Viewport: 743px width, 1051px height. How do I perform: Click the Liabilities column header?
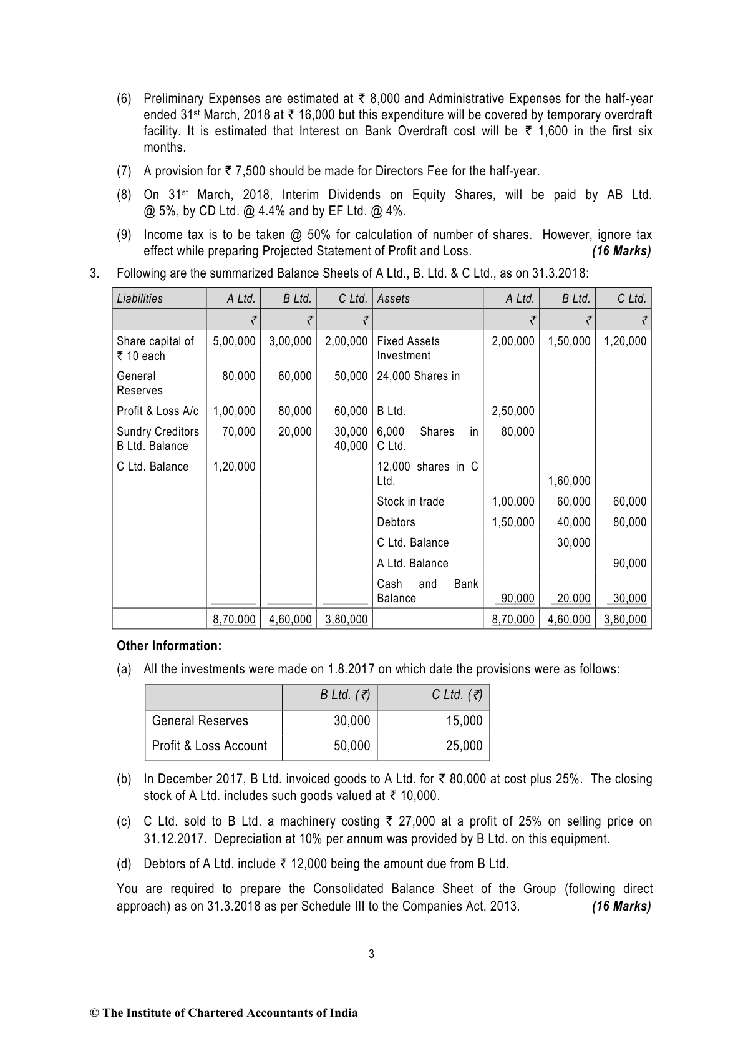point(140,299)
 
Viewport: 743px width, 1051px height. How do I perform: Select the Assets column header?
point(394,299)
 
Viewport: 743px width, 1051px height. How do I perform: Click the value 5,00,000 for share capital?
point(234,341)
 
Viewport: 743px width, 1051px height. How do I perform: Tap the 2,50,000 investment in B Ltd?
point(513,411)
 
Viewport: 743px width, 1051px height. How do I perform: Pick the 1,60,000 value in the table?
point(569,481)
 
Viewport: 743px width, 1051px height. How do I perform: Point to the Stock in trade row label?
point(410,502)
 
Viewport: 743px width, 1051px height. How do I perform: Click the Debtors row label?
point(396,522)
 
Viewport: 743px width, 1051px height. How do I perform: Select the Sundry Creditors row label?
point(158,432)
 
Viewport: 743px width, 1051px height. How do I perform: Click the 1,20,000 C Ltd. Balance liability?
point(234,467)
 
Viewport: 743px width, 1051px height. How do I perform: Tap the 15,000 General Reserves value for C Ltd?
point(464,721)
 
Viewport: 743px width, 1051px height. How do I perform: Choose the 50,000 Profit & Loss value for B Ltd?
point(352,746)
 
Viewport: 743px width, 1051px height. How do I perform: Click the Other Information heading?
point(169,646)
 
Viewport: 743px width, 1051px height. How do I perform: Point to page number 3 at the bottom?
point(371,954)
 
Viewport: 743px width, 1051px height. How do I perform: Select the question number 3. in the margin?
point(94,273)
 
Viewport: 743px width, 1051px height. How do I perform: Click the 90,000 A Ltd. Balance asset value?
point(629,564)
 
